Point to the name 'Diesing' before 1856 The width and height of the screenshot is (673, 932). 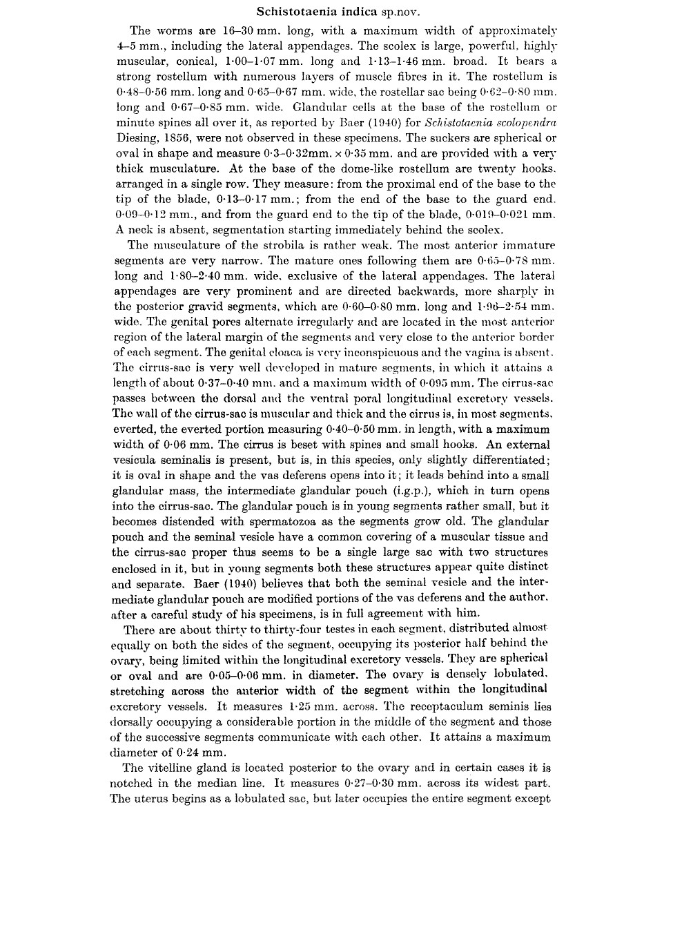point(136,137)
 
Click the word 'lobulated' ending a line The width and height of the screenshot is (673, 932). point(518,674)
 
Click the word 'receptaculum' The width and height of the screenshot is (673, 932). point(480,706)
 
